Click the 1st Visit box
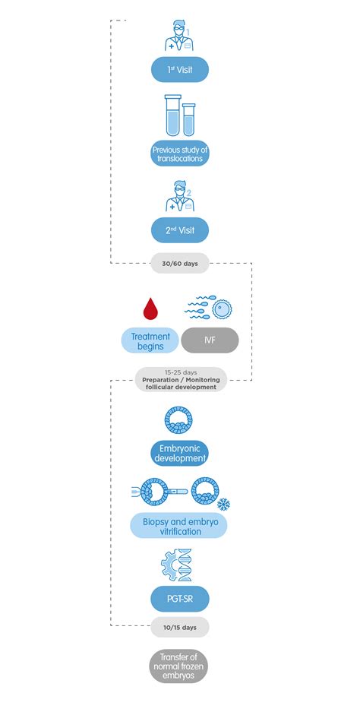pos(179,70)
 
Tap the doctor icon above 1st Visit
pos(179,35)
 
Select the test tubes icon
pos(180,116)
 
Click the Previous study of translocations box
pos(179,154)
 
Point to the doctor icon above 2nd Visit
pos(179,196)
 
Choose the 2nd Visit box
pos(179,229)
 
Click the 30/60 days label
pos(179,263)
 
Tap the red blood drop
pos(150,309)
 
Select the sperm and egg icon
pos(209,308)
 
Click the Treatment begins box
pos(150,340)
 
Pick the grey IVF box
pos(210,340)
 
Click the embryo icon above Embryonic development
pos(179,419)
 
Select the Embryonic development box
pos(179,454)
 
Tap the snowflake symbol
pos(223,504)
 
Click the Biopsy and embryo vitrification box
pos(179,526)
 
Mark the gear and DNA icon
pos(179,565)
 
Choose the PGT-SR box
pos(179,599)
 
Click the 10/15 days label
pos(179,627)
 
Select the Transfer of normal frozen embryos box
pos(179,666)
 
